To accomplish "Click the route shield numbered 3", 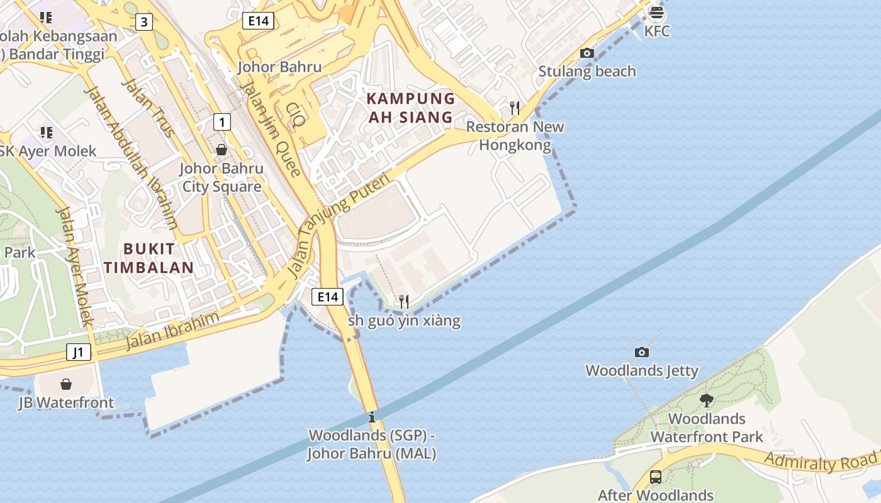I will (145, 23).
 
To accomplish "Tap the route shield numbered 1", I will (222, 121).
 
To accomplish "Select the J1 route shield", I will (79, 352).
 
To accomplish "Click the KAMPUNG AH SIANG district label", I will (410, 108).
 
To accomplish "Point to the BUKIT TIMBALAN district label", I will (149, 258).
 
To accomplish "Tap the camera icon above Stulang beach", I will (587, 53).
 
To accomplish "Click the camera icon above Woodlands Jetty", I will (642, 352).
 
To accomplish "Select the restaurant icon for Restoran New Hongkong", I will (515, 108).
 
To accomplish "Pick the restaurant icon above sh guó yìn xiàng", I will (404, 302).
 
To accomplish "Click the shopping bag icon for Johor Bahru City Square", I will (222, 150).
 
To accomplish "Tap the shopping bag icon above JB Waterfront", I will (66, 384).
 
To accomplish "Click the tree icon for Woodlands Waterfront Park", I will (707, 400).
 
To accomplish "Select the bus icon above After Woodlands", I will (656, 477).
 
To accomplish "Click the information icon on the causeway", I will (372, 417).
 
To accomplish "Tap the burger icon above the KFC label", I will (657, 12).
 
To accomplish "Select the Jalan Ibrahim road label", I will (172, 331).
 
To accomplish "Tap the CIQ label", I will (295, 116).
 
